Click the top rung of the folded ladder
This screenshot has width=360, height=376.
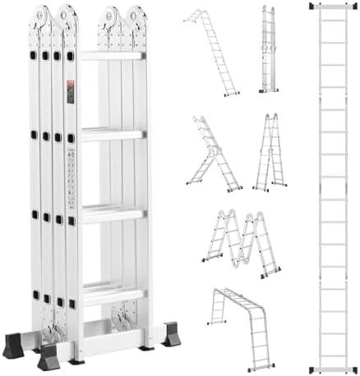point(112,56)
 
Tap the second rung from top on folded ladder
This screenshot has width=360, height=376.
point(112,134)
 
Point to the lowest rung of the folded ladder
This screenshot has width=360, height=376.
point(112,291)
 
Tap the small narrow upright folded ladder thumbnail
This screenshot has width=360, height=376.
point(268,49)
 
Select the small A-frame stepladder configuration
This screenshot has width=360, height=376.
point(270,152)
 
